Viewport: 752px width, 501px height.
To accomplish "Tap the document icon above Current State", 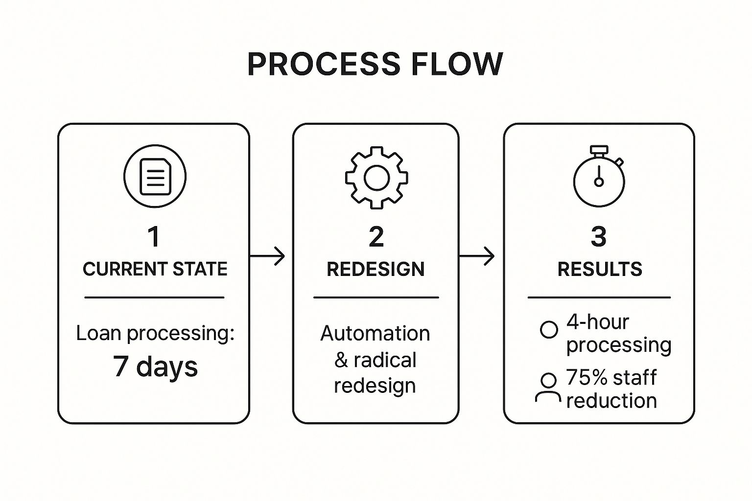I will [x=155, y=176].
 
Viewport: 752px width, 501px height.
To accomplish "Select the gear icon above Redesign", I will [x=376, y=178].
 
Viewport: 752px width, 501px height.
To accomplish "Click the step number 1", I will [x=154, y=237].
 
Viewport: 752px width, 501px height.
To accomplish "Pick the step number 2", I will [x=376, y=237].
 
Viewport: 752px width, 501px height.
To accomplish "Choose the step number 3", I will [x=599, y=237].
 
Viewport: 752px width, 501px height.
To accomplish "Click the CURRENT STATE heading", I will [x=155, y=269].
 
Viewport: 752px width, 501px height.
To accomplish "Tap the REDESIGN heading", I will [x=376, y=269].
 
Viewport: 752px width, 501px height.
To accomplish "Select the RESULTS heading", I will [x=599, y=269].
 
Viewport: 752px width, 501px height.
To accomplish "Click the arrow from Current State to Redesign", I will [x=268, y=256].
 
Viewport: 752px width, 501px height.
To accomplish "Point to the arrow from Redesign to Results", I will [x=477, y=256].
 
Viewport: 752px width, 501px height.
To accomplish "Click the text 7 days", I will [x=155, y=366].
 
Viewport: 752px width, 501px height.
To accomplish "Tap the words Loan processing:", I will [x=155, y=333].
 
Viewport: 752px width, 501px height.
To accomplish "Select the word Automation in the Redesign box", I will [x=375, y=334].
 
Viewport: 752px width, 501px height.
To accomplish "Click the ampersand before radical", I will [x=341, y=360].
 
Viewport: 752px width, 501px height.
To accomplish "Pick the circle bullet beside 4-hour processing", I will [x=549, y=330].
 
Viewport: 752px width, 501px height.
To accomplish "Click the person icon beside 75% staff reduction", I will [x=548, y=388].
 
